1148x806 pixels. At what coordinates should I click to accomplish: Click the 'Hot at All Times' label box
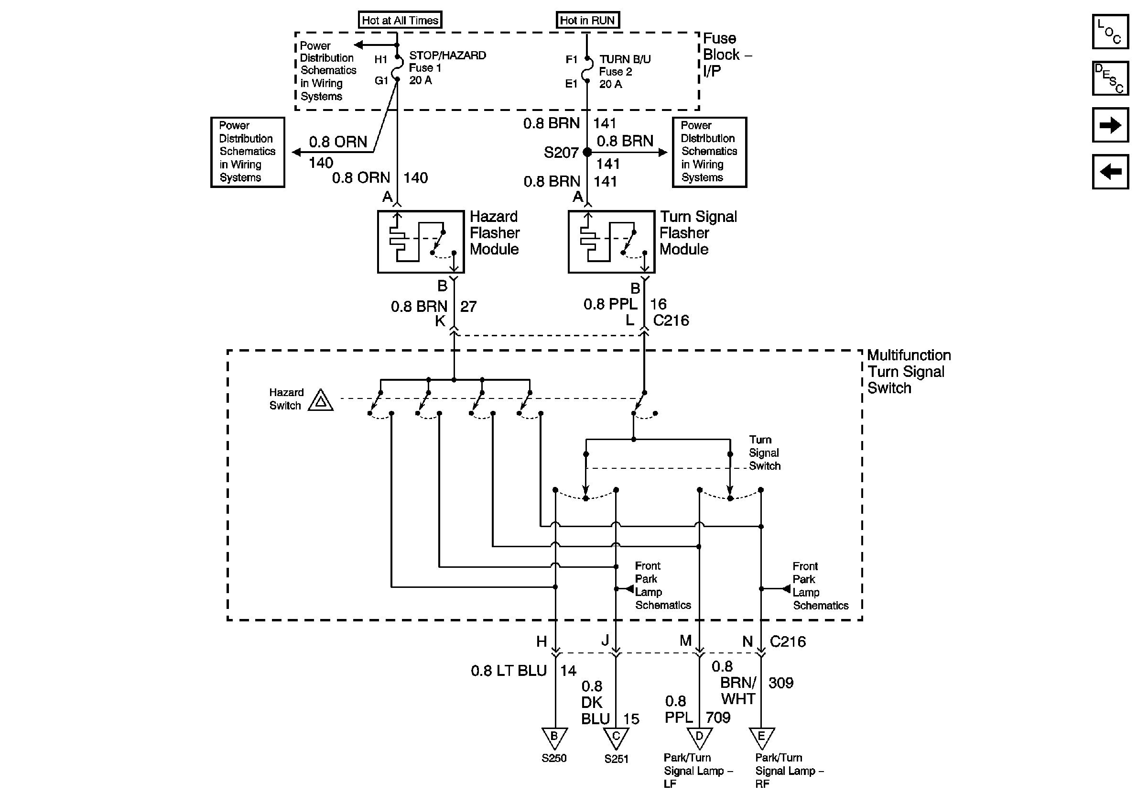[x=400, y=21]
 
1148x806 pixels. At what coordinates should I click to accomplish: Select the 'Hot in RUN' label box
[x=587, y=21]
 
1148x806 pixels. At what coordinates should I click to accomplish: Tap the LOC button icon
[x=1110, y=32]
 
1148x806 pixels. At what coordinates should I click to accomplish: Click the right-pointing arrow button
[x=1110, y=125]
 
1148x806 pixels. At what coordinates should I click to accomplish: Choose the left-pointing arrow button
[x=1110, y=172]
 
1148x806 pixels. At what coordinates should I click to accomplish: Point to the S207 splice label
[x=561, y=153]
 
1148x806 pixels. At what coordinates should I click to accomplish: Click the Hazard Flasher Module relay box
[x=421, y=242]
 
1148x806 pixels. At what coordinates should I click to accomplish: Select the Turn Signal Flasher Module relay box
[x=611, y=242]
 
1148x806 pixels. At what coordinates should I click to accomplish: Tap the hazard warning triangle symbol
[x=321, y=401]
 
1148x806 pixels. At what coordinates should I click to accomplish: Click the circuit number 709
[x=718, y=718]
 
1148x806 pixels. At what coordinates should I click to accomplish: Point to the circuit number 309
[x=780, y=683]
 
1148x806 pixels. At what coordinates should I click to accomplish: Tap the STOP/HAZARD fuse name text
[x=447, y=55]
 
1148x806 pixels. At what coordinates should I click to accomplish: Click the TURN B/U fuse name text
[x=625, y=59]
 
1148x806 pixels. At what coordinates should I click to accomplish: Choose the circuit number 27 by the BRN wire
[x=468, y=307]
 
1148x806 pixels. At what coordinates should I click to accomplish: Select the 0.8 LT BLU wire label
[x=509, y=671]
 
